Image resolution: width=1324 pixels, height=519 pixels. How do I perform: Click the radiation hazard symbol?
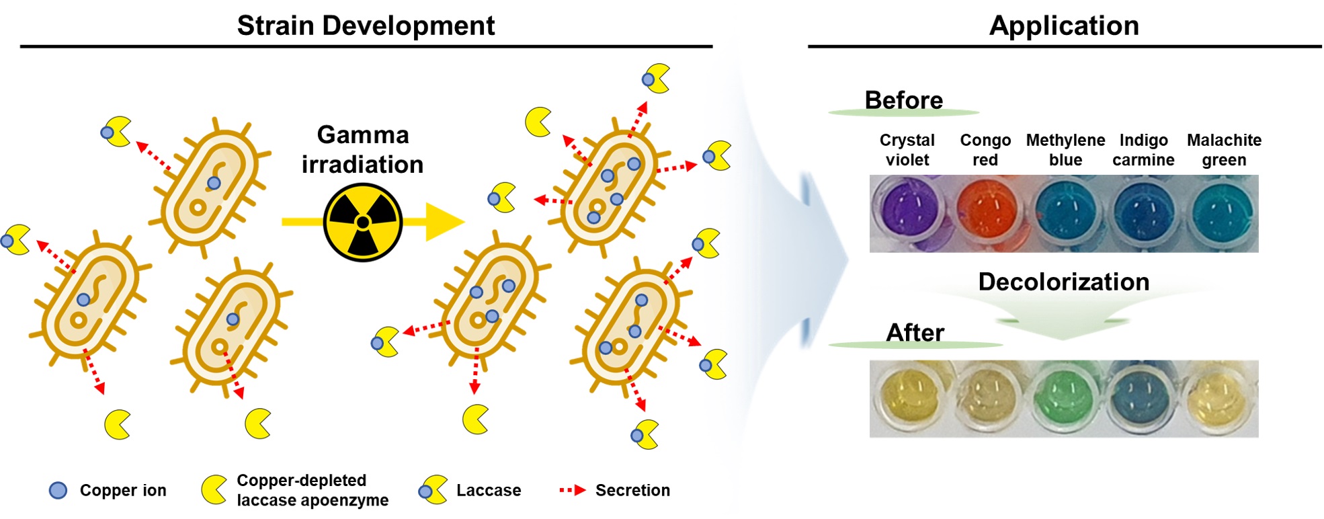pyautogui.click(x=363, y=222)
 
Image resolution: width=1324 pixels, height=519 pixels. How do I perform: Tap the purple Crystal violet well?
pyautogui.click(x=907, y=208)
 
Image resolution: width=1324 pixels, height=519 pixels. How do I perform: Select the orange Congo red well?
pyautogui.click(x=985, y=208)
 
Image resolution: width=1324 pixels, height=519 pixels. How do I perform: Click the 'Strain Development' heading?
pyautogui.click(x=366, y=26)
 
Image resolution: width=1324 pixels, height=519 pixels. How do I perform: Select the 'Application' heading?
pyautogui.click(x=1064, y=26)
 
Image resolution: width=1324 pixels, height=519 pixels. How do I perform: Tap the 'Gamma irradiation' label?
pyautogui.click(x=363, y=149)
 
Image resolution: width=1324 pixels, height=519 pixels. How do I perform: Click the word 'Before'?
pyautogui.click(x=903, y=100)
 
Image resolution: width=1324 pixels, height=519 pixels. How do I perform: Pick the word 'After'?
pyautogui.click(x=915, y=333)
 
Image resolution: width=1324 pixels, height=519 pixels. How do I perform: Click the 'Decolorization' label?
pyautogui.click(x=1063, y=282)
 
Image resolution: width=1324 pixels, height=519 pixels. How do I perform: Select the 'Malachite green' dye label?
pyautogui.click(x=1224, y=150)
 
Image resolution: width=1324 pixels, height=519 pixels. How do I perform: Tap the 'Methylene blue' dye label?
pyautogui.click(x=1065, y=150)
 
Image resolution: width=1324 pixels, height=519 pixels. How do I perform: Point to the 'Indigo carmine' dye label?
pyautogui.click(x=1143, y=150)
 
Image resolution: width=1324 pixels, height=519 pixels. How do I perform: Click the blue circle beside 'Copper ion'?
pyautogui.click(x=58, y=491)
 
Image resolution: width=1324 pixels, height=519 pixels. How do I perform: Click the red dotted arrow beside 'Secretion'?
pyautogui.click(x=573, y=491)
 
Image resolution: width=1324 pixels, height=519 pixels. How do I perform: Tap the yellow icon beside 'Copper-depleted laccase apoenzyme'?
pyautogui.click(x=214, y=490)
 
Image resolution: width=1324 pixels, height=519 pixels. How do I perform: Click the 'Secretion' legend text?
pyautogui.click(x=632, y=491)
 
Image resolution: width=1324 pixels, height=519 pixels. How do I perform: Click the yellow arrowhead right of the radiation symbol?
pyautogui.click(x=444, y=221)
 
